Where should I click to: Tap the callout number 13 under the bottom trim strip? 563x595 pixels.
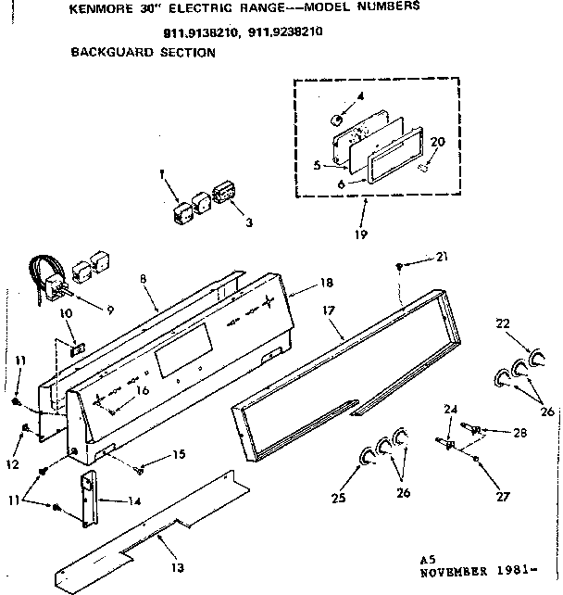[x=176, y=567]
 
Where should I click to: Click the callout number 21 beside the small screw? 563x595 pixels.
[x=441, y=256]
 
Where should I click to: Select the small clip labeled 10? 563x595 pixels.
[x=78, y=350]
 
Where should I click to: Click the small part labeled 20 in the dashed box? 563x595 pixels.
[x=422, y=167]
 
